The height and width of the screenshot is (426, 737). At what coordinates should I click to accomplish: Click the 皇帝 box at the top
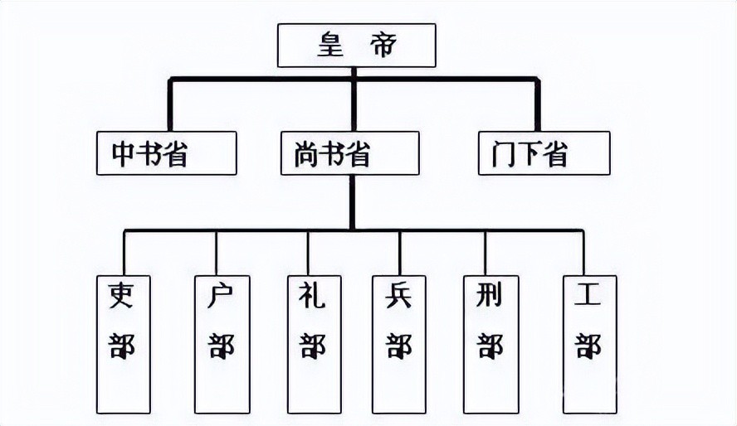pyautogui.click(x=356, y=46)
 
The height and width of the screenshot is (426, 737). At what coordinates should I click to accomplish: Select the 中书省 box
pyautogui.click(x=166, y=153)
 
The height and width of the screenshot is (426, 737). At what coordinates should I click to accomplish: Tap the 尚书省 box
pyautogui.click(x=349, y=153)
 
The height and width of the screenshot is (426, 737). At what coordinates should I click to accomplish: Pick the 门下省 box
pyautogui.click(x=544, y=153)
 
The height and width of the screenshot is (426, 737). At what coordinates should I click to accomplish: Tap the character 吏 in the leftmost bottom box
pyautogui.click(x=123, y=297)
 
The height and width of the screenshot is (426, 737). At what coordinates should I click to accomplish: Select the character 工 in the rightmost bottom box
pyautogui.click(x=588, y=297)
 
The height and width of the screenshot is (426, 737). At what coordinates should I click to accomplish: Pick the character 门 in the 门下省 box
pyautogui.click(x=505, y=154)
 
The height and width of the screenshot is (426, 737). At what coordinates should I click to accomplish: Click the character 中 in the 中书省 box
pyautogui.click(x=124, y=154)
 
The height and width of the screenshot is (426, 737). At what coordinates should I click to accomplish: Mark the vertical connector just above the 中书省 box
pyautogui.click(x=170, y=105)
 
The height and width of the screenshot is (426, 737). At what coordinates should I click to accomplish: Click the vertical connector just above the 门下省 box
pyautogui.click(x=537, y=105)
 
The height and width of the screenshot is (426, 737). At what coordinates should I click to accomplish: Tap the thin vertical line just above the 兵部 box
pyautogui.click(x=399, y=253)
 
